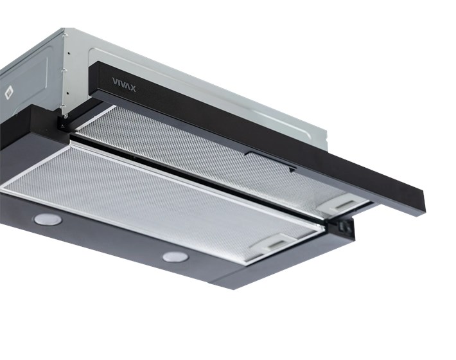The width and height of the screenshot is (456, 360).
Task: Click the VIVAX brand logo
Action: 124,84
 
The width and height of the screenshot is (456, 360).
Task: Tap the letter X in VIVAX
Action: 132,88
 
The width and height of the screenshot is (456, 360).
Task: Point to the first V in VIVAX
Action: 115,81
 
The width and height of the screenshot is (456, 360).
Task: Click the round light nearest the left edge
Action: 48,219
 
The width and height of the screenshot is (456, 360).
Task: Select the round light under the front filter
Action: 175,256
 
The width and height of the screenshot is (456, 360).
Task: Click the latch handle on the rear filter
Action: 342,204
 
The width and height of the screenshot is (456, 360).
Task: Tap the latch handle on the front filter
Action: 275,243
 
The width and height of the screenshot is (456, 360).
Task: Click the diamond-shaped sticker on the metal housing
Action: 9,93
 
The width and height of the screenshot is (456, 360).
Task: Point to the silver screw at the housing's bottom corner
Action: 66,116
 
